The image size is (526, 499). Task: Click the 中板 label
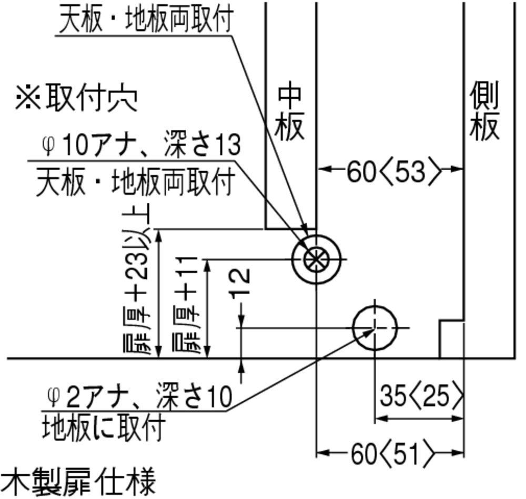tap(290, 113)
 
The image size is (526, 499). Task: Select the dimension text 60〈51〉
tap(393, 454)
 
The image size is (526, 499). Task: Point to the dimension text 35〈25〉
tap(422, 397)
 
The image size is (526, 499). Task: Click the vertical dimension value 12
tap(240, 282)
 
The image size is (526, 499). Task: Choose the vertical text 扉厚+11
tap(186, 304)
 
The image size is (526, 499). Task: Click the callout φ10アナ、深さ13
tap(141, 145)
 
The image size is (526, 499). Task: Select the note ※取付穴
tap(76, 98)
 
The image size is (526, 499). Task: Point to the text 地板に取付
tap(104, 428)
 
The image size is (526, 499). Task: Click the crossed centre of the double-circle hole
tap(316, 259)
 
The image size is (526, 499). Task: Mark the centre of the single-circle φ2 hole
tap(375, 328)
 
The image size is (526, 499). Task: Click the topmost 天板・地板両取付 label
tap(146, 19)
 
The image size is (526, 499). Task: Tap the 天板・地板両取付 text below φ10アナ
tap(135, 182)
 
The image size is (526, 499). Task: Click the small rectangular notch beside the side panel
tap(452, 339)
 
